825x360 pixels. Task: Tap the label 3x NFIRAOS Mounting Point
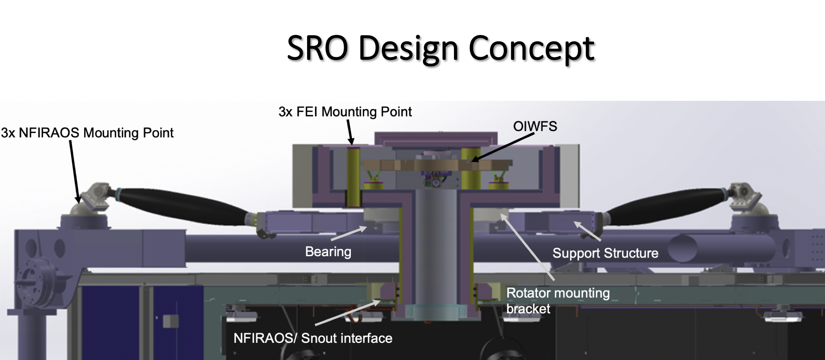(87, 133)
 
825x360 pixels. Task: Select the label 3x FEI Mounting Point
(345, 112)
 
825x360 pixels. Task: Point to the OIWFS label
(535, 126)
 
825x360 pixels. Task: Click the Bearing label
(328, 252)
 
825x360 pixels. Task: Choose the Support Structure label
(605, 253)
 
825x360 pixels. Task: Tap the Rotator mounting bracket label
(557, 301)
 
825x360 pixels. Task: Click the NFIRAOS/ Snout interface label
(313, 338)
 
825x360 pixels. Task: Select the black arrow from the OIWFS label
(503, 148)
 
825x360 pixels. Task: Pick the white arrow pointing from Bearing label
(349, 233)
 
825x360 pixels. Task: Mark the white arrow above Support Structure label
(587, 231)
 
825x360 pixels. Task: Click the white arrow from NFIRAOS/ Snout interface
(347, 313)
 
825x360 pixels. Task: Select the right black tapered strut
(665, 205)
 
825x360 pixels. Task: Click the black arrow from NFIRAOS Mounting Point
(74, 172)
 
